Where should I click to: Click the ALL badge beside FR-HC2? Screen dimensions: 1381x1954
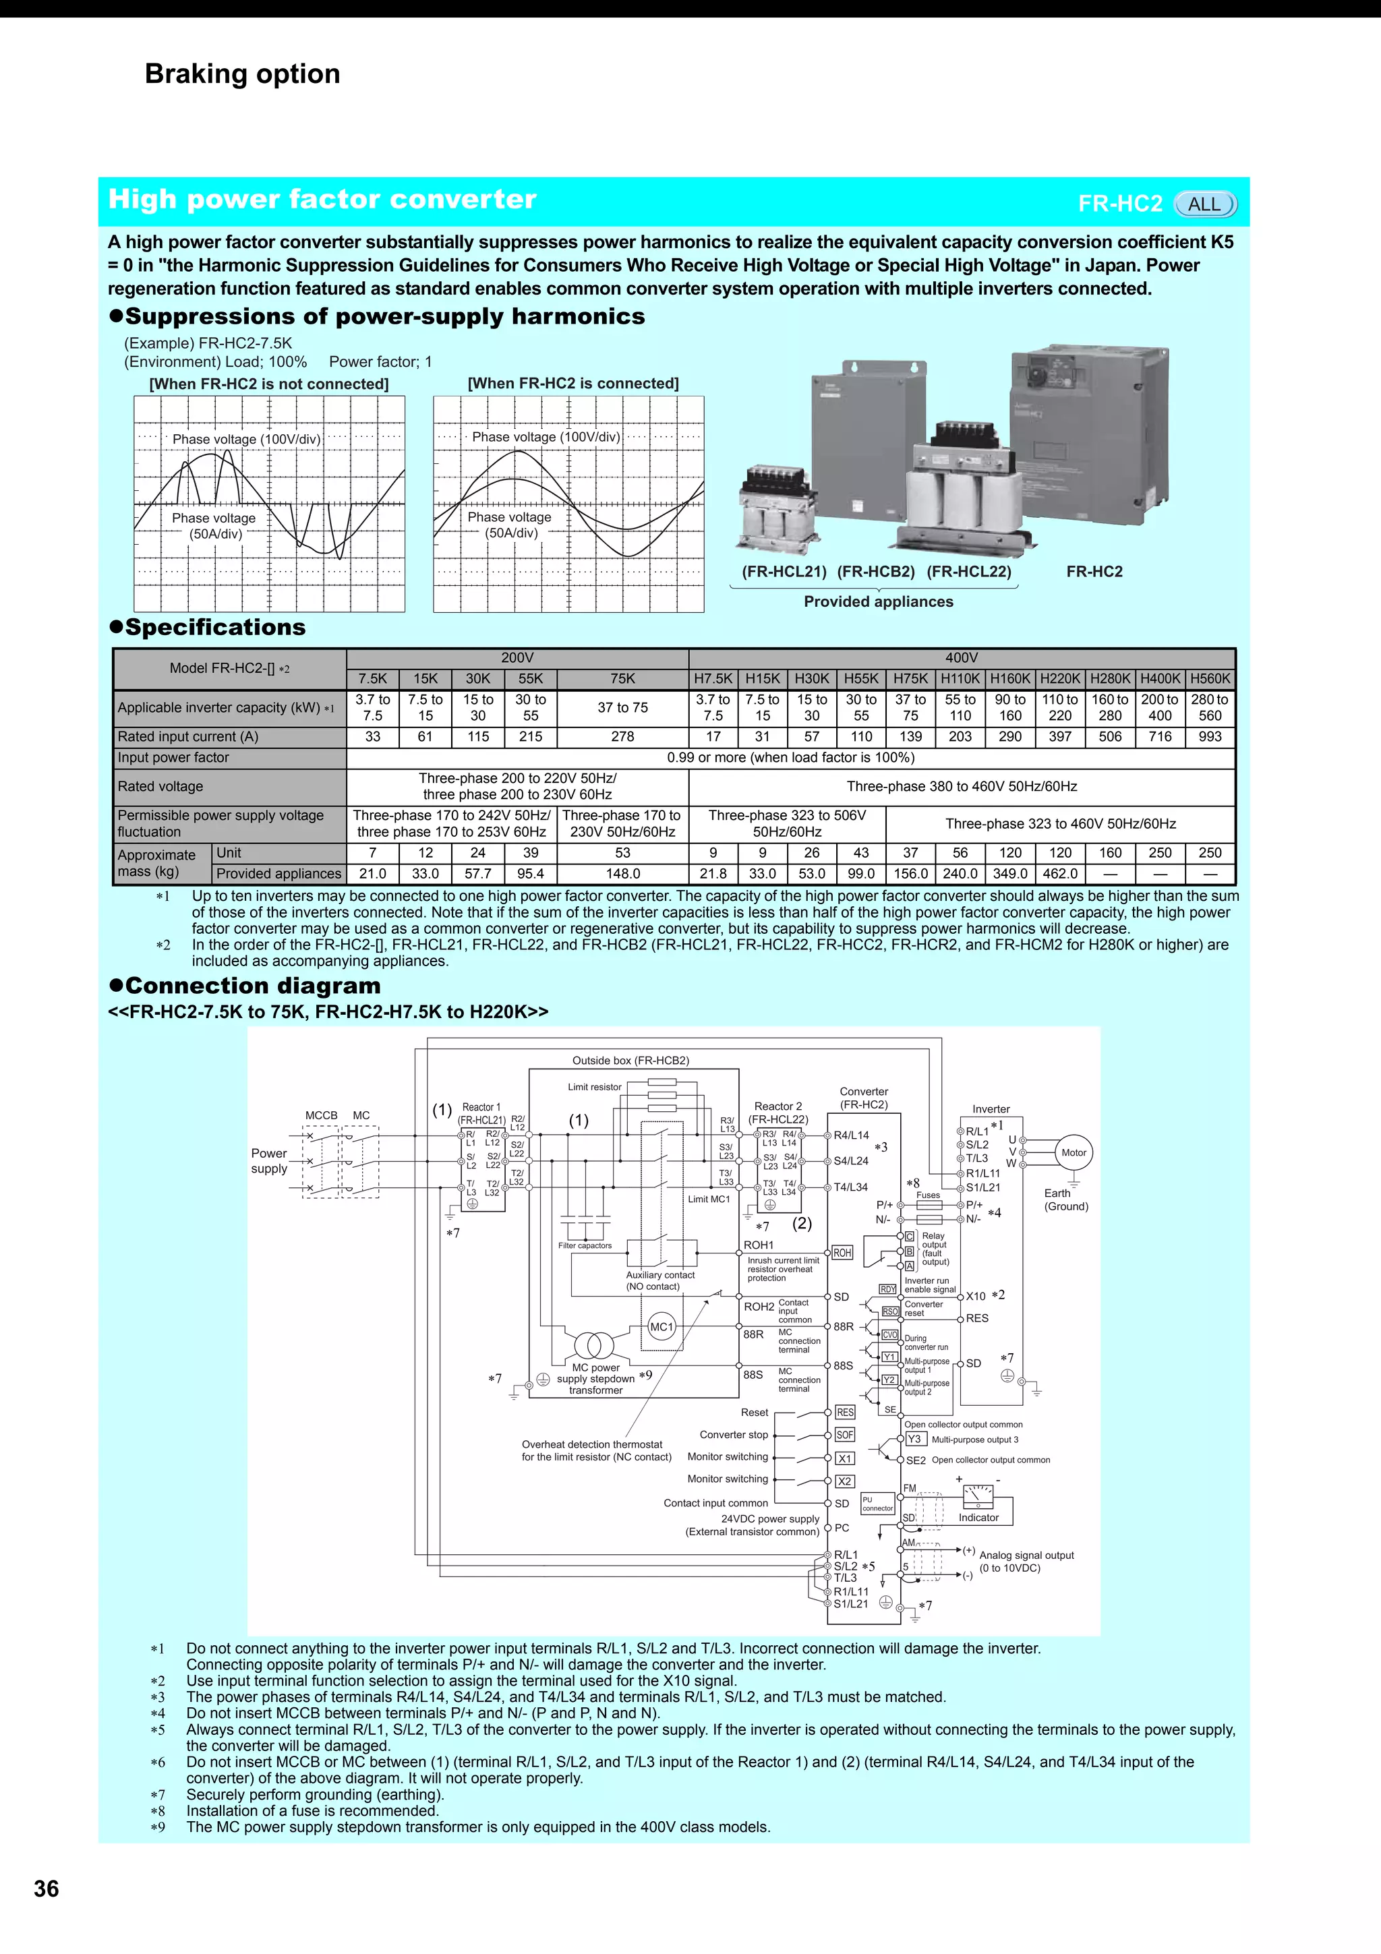pyautogui.click(x=1204, y=204)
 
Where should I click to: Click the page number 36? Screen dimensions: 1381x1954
pyautogui.click(x=46, y=1889)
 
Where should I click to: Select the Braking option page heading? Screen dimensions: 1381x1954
pyautogui.click(x=243, y=74)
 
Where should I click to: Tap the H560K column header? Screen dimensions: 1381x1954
pyautogui.click(x=1210, y=678)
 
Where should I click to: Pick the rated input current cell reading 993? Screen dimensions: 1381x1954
pyautogui.click(x=1210, y=736)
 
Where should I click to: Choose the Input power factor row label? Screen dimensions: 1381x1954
pyautogui.click(x=173, y=757)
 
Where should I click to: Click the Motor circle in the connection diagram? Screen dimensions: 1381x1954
pyautogui.click(x=1073, y=1152)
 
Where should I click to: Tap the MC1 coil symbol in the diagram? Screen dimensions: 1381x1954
pyautogui.click(x=661, y=1326)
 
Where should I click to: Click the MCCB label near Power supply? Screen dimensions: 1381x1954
pyautogui.click(x=322, y=1115)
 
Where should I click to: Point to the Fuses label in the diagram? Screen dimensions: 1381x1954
pyautogui.click(x=929, y=1195)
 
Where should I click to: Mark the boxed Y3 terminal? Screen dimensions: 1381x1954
pyautogui.click(x=914, y=1439)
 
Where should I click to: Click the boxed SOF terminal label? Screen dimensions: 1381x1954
pyautogui.click(x=844, y=1435)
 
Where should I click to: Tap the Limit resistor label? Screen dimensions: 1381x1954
pyautogui.click(x=595, y=1087)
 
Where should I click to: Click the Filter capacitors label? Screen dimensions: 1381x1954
pyautogui.click(x=585, y=1245)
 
